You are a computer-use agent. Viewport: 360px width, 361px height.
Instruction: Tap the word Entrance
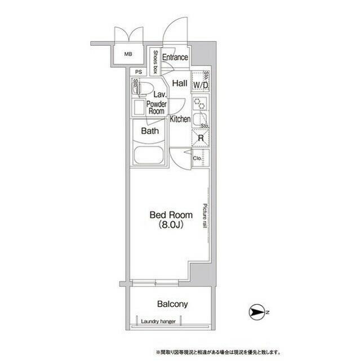click(x=175, y=57)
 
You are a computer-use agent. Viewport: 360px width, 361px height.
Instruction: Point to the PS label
click(x=139, y=72)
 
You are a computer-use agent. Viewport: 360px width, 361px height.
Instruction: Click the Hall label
click(x=180, y=83)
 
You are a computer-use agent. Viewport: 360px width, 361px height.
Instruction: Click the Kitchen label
click(x=180, y=119)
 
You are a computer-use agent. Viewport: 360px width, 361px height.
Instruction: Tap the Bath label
click(x=149, y=131)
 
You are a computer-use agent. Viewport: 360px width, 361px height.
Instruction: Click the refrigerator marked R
click(x=200, y=138)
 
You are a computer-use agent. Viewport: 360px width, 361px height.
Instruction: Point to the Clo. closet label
click(x=198, y=159)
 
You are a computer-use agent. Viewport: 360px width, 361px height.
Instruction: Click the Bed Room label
click(x=171, y=214)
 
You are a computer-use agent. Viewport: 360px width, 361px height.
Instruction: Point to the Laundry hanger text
click(x=158, y=322)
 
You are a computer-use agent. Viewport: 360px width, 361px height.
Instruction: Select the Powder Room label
click(x=157, y=108)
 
